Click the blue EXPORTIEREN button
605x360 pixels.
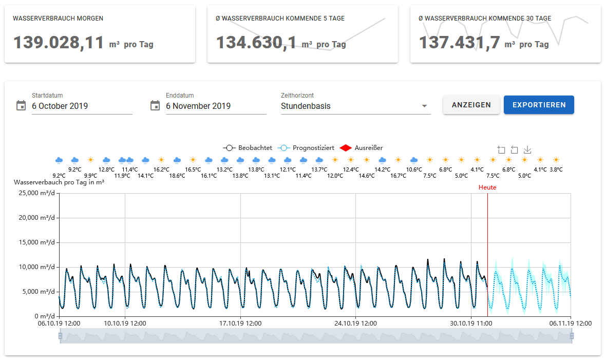(539, 105)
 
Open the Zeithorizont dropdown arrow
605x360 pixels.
(424, 106)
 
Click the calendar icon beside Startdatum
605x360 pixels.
(21, 105)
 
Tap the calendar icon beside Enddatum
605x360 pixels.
(155, 105)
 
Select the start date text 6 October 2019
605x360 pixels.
(60, 106)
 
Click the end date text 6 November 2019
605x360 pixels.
(198, 106)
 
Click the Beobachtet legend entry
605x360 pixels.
(248, 148)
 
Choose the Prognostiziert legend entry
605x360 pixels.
(306, 148)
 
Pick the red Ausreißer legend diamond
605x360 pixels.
(345, 148)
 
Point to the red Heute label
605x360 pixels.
(487, 187)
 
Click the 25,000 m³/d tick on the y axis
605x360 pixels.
(36, 193)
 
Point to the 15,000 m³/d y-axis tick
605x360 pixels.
(36, 242)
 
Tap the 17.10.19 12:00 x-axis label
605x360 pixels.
(240, 324)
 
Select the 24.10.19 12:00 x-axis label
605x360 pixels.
(356, 324)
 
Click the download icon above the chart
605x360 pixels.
(527, 150)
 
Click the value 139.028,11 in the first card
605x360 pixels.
(59, 43)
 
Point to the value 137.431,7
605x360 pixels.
(460, 43)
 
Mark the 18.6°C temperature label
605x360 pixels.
(177, 176)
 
